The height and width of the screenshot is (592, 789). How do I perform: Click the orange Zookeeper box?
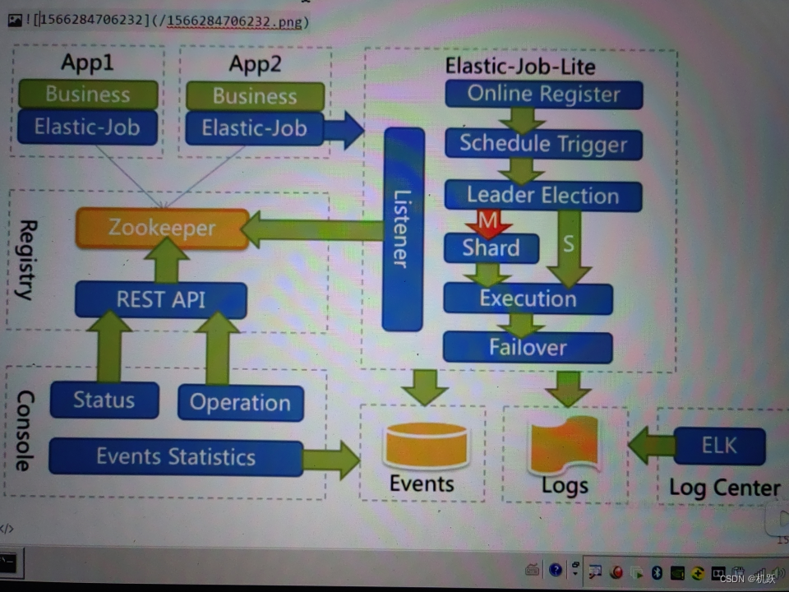point(162,229)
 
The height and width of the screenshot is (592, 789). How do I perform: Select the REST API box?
point(160,300)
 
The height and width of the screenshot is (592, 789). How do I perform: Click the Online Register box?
point(543,94)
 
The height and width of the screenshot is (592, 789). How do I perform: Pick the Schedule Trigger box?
point(543,144)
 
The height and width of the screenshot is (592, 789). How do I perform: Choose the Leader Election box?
point(543,196)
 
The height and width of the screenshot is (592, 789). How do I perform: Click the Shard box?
point(491,247)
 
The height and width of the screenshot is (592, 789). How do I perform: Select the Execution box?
point(528,298)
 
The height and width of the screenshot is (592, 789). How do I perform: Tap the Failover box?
point(528,347)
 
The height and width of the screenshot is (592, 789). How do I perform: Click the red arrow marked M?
point(487,223)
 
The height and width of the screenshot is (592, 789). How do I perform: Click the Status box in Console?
point(104,400)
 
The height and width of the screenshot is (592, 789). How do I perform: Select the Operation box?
point(240,403)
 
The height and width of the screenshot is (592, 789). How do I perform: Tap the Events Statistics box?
point(176,457)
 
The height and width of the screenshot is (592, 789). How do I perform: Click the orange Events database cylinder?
point(426,445)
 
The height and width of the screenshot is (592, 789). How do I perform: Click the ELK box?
point(719,446)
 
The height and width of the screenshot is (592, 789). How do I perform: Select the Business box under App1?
point(88,95)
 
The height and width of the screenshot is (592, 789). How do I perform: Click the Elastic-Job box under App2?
point(255,128)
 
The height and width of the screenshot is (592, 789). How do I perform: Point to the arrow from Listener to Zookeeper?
point(312,229)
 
